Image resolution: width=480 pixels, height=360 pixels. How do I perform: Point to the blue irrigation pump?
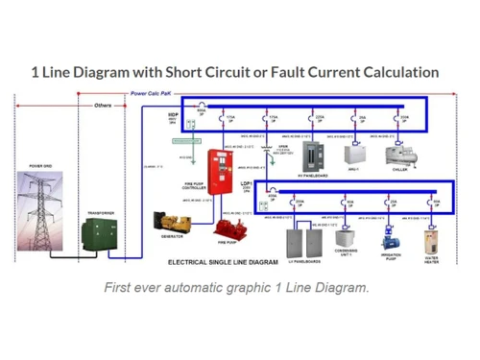click(391, 237)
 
